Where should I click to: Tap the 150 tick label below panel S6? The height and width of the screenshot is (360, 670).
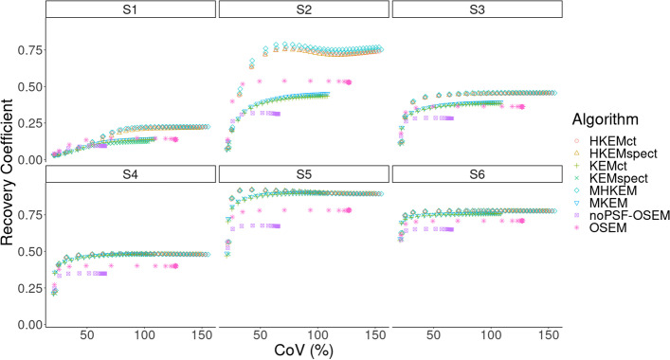pos(548,334)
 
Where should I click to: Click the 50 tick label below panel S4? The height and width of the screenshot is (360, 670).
pos(86,334)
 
